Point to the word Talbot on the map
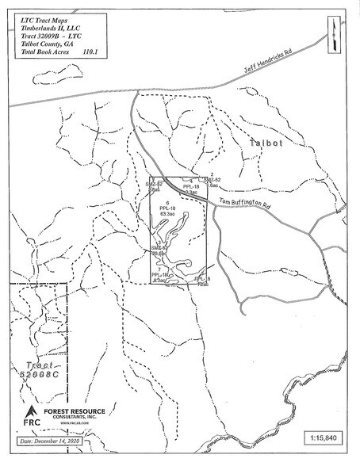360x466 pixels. tap(266, 144)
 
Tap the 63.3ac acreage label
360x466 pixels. tap(167, 215)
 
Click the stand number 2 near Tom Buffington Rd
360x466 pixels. tap(212, 174)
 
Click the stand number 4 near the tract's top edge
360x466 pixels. tap(191, 181)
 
